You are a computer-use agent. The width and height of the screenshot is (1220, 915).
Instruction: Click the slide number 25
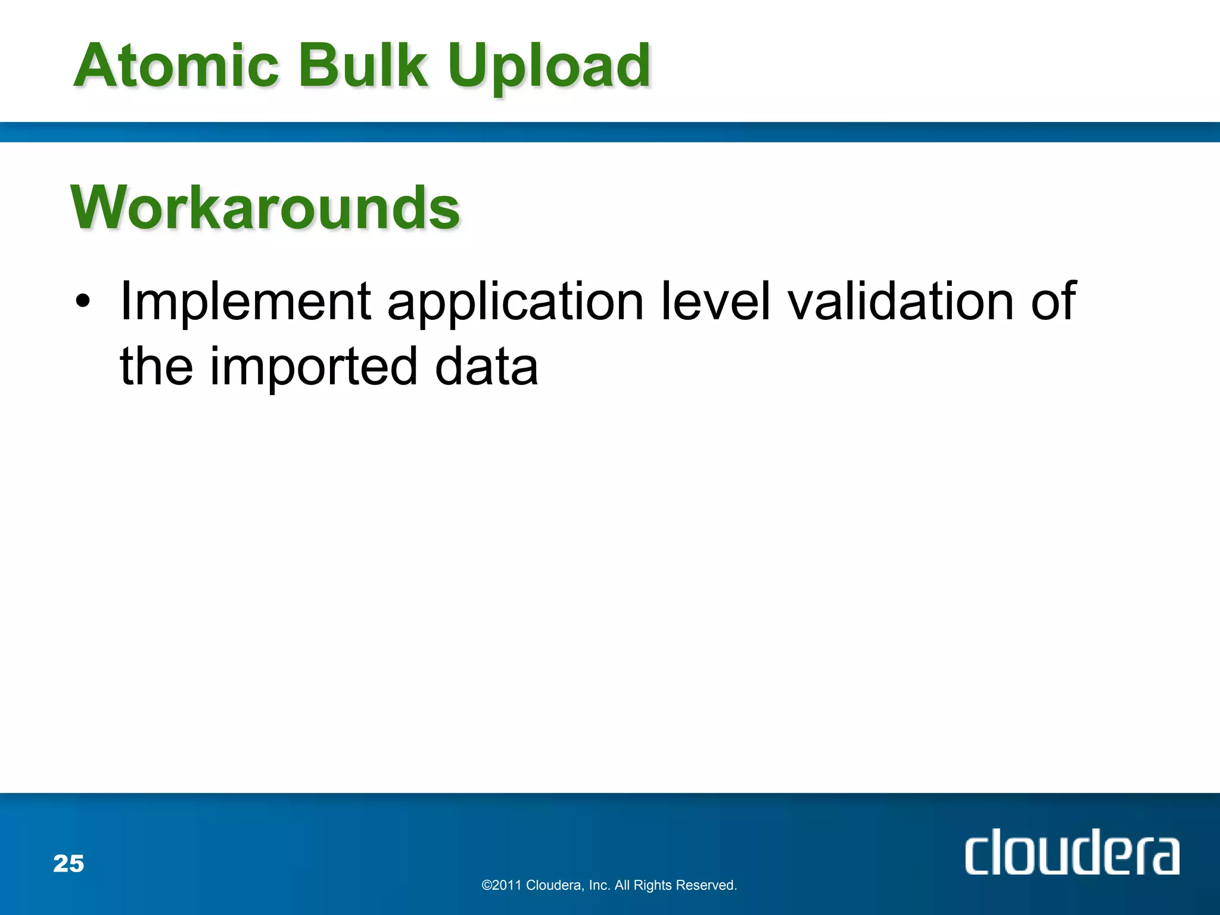[x=69, y=864]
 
